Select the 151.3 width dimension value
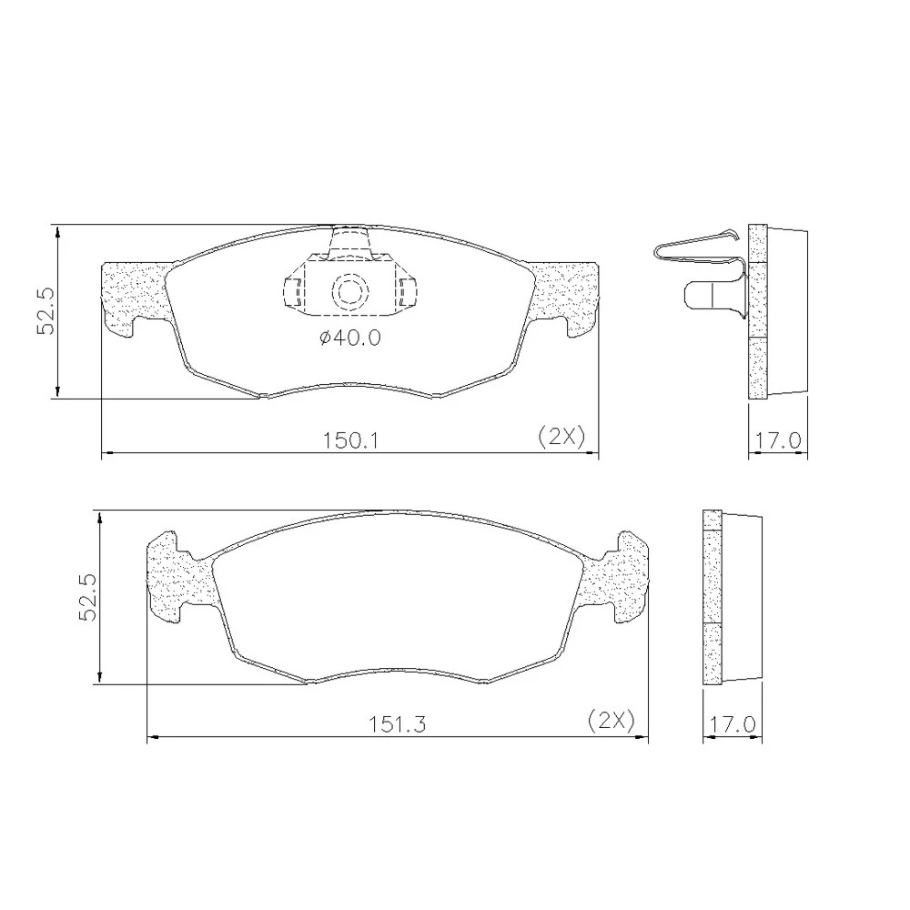click(x=398, y=724)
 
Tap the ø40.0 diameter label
click(x=350, y=338)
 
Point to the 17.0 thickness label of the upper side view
click(x=778, y=440)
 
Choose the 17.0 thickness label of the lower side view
click(x=733, y=724)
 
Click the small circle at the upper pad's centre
click(x=350, y=291)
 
